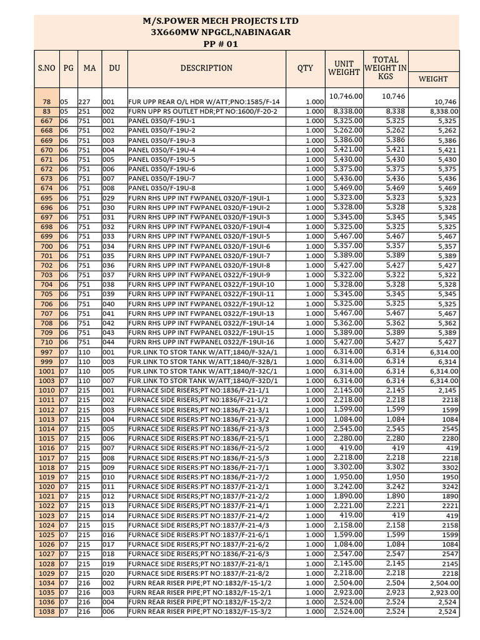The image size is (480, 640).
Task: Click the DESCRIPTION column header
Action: tap(206, 68)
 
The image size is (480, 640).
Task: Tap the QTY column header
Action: tap(305, 68)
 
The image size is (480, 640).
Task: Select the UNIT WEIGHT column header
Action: tap(344, 68)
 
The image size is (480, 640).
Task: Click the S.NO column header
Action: tap(46, 68)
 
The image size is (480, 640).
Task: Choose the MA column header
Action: tap(89, 68)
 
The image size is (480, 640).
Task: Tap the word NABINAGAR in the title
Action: tap(257, 32)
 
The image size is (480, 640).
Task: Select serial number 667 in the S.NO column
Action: tap(46, 121)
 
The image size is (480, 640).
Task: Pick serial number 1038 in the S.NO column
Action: tap(46, 612)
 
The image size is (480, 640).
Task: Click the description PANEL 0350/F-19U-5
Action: tap(162, 159)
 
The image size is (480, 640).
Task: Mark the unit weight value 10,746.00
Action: tap(346, 96)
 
